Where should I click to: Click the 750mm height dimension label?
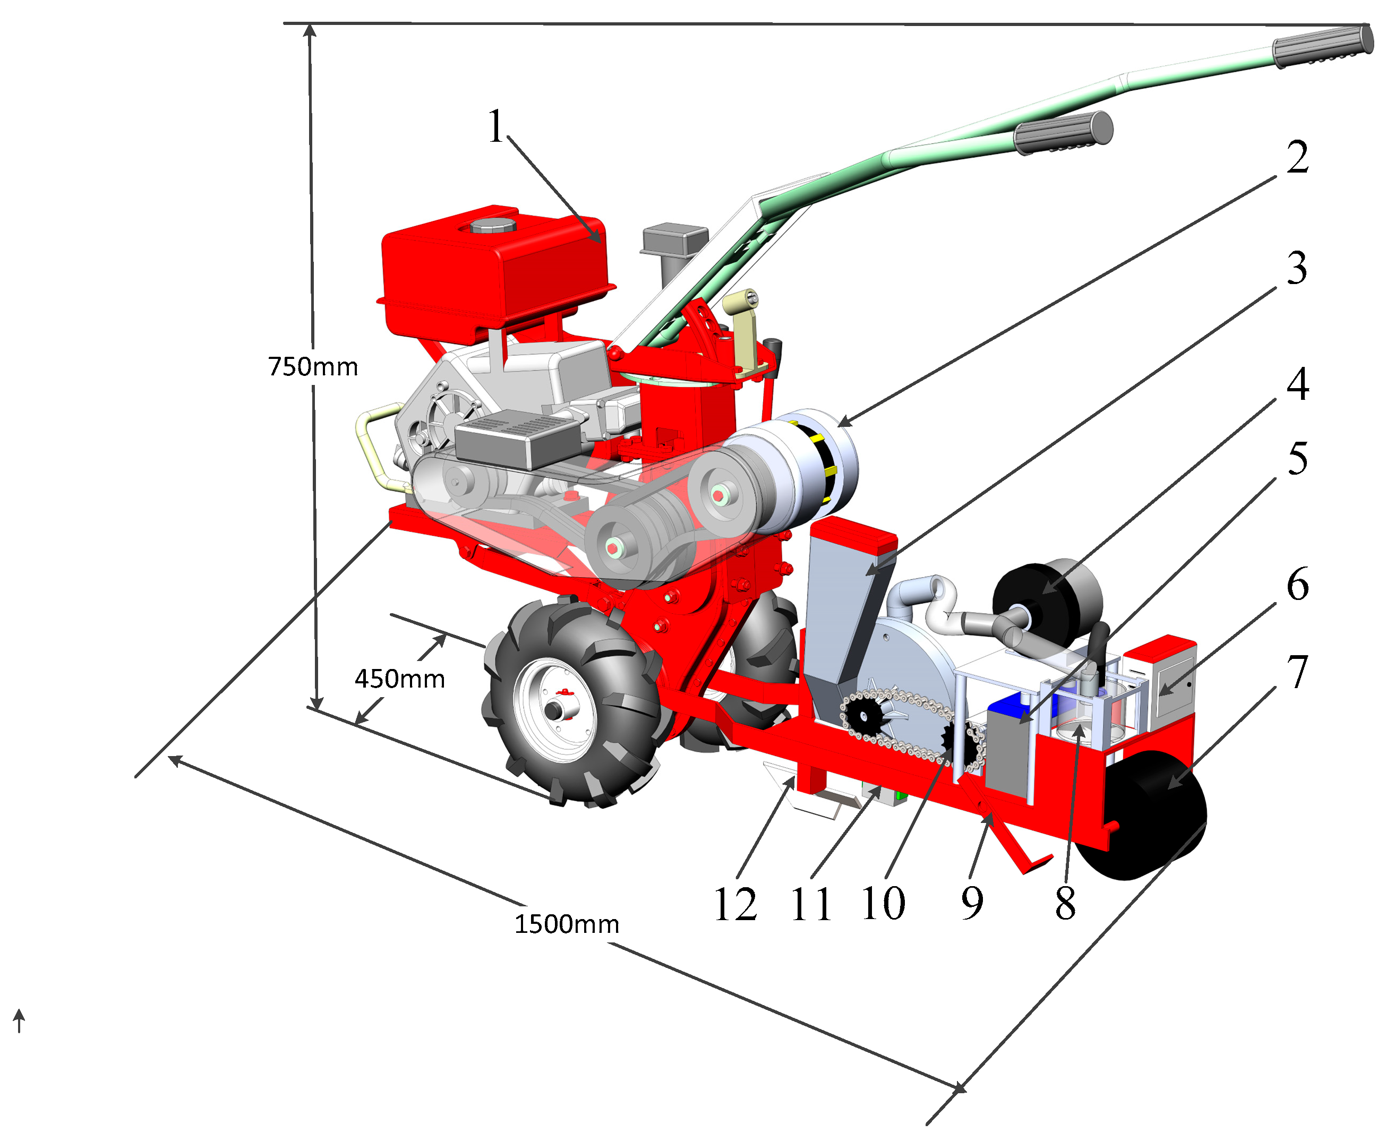click(313, 367)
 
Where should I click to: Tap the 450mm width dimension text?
click(399, 679)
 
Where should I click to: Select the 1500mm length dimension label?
click(567, 924)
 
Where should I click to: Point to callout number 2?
click(1297, 157)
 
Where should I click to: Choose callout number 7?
click(1298, 672)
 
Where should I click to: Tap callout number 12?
click(735, 904)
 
